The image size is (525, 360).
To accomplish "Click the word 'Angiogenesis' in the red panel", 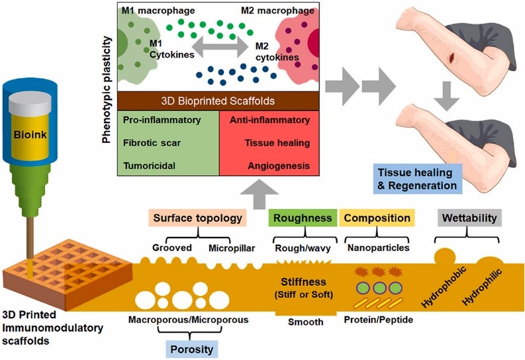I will coord(277,164).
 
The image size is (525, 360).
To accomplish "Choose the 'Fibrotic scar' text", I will coord(151,142).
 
